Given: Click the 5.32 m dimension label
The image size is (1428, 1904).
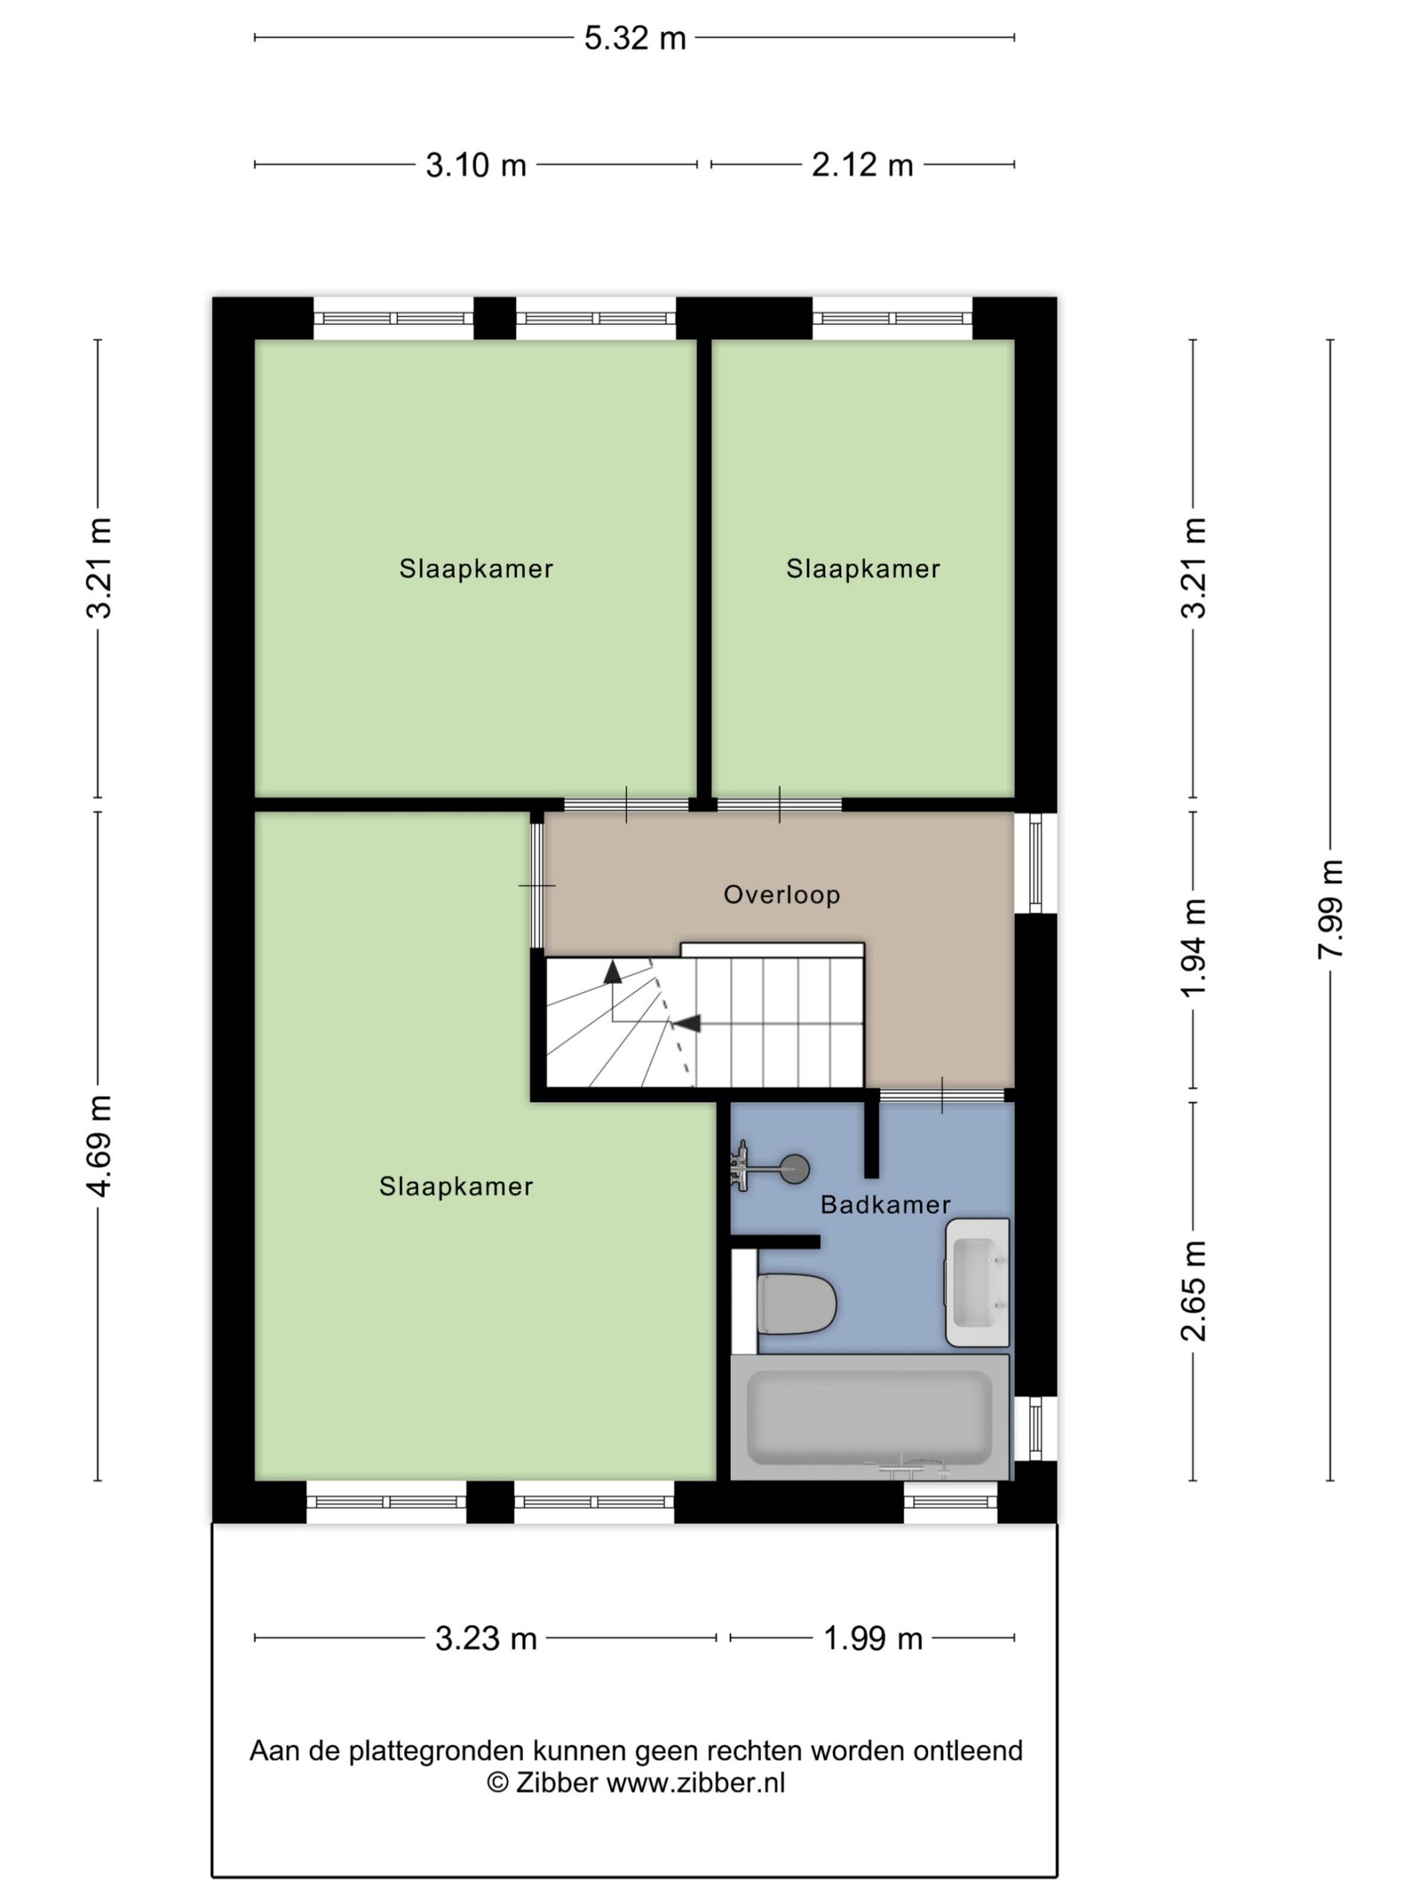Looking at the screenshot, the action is coord(634,39).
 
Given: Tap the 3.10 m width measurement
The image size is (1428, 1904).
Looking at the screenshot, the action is coord(476,164).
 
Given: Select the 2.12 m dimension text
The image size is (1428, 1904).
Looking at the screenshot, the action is coord(863,164).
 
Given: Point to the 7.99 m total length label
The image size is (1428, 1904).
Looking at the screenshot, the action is coord(1330,909).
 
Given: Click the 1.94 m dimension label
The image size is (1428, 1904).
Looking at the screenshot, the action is coord(1193,948).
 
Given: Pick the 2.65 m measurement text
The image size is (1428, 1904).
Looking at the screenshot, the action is coord(1193,1291).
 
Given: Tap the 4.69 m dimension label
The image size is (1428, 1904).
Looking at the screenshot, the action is coord(98,1147).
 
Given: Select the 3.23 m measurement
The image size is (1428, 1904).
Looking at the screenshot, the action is coord(486,1638).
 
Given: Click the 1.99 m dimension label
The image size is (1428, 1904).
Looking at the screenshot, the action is coord(873,1638).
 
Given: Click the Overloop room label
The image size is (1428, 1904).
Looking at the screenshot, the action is coord(782,895).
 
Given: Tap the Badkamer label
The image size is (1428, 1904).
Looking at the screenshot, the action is coord(885,1204).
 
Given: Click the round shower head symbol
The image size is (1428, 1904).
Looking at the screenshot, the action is coord(794,1168).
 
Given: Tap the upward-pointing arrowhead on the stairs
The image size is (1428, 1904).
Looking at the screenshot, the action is coord(612,972).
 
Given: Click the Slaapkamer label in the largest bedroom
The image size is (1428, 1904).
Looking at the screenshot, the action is coord(456,1187).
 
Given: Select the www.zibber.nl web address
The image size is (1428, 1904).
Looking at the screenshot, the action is coord(695,1783).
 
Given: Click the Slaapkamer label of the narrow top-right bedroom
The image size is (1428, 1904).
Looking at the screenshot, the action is coord(863,569).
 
